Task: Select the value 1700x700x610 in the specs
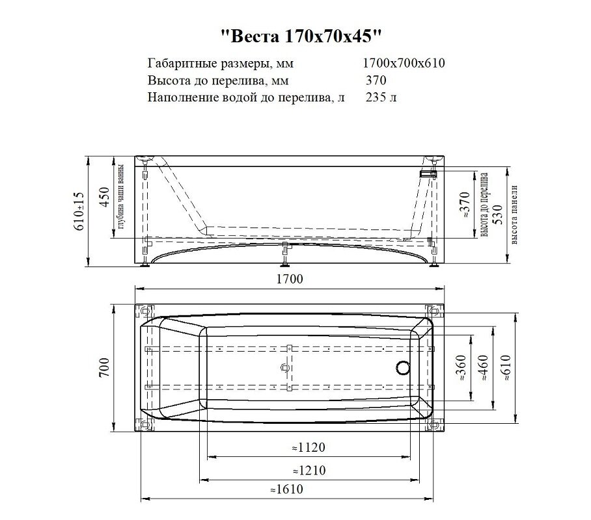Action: [x=404, y=64]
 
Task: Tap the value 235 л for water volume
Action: [x=380, y=98]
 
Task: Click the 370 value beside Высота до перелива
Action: [x=376, y=81]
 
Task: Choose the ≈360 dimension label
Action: [x=461, y=368]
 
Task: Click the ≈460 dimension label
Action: [x=482, y=368]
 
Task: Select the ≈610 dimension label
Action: [x=504, y=368]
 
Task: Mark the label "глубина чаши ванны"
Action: [x=120, y=198]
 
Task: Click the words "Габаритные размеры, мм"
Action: [x=211, y=64]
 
